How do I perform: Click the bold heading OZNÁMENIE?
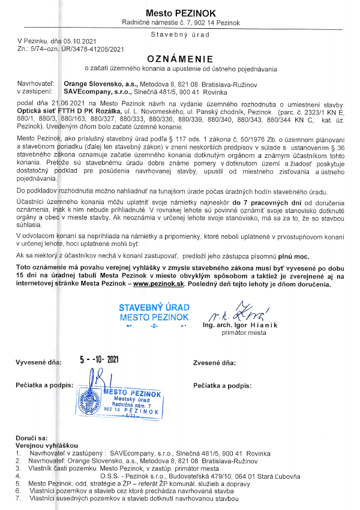click(x=180, y=59)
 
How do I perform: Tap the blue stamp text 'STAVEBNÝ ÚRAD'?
click(x=154, y=308)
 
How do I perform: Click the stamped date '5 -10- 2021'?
click(x=99, y=360)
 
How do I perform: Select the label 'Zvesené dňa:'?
click(x=214, y=363)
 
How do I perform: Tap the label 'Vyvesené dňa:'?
click(x=38, y=363)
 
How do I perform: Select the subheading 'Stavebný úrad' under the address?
click(x=180, y=34)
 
